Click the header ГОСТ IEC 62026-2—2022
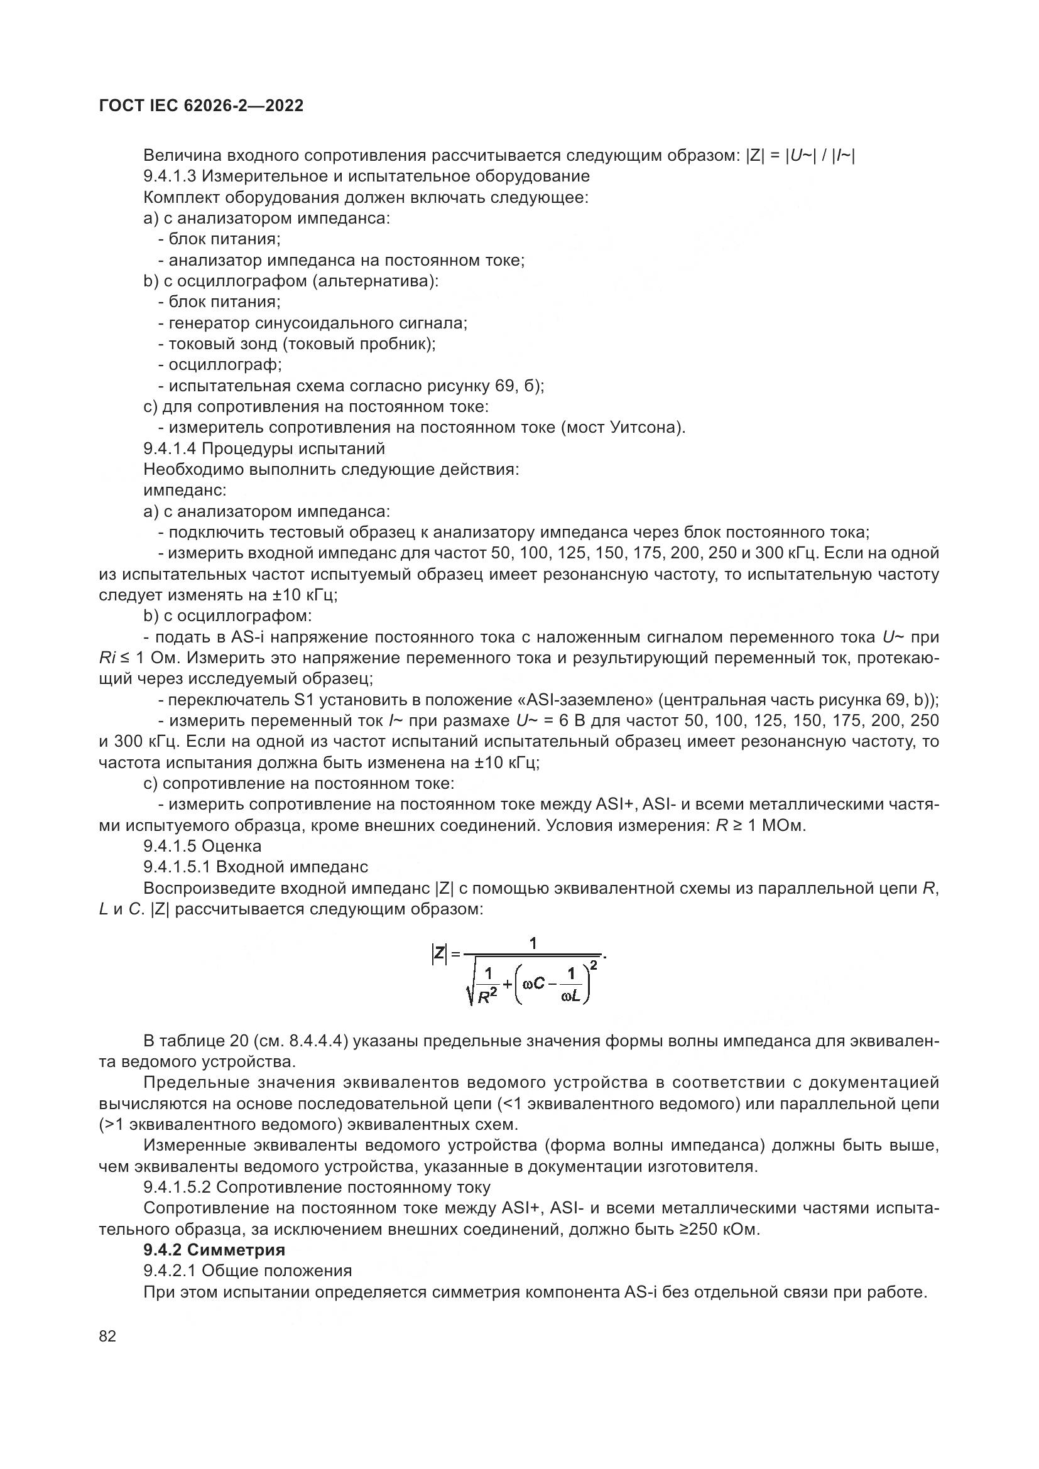tap(201, 106)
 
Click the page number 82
tap(107, 1336)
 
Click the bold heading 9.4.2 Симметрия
tap(214, 1249)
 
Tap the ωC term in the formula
tap(534, 983)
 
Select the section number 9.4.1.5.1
tap(177, 867)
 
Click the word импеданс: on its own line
tap(185, 490)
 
